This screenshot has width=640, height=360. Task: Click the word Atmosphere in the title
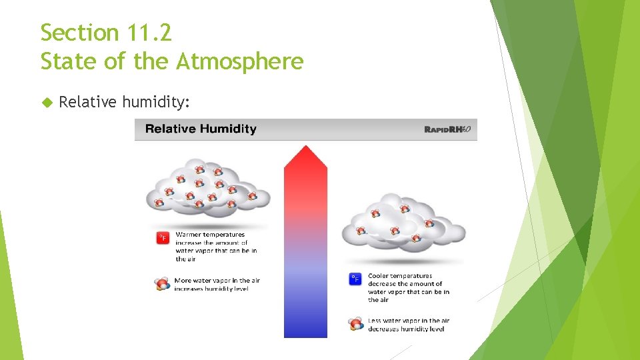pyautogui.click(x=239, y=61)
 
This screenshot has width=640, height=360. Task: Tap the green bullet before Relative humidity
pyautogui.click(x=47, y=102)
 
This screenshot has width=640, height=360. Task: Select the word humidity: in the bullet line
pyautogui.click(x=157, y=102)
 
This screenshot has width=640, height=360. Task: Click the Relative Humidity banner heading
pyautogui.click(x=201, y=129)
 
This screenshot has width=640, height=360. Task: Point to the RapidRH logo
pyautogui.click(x=447, y=129)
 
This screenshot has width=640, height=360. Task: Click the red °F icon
pyautogui.click(x=163, y=238)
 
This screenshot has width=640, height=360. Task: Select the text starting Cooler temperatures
pyautogui.click(x=408, y=288)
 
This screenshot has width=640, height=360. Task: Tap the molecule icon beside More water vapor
pyautogui.click(x=162, y=284)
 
